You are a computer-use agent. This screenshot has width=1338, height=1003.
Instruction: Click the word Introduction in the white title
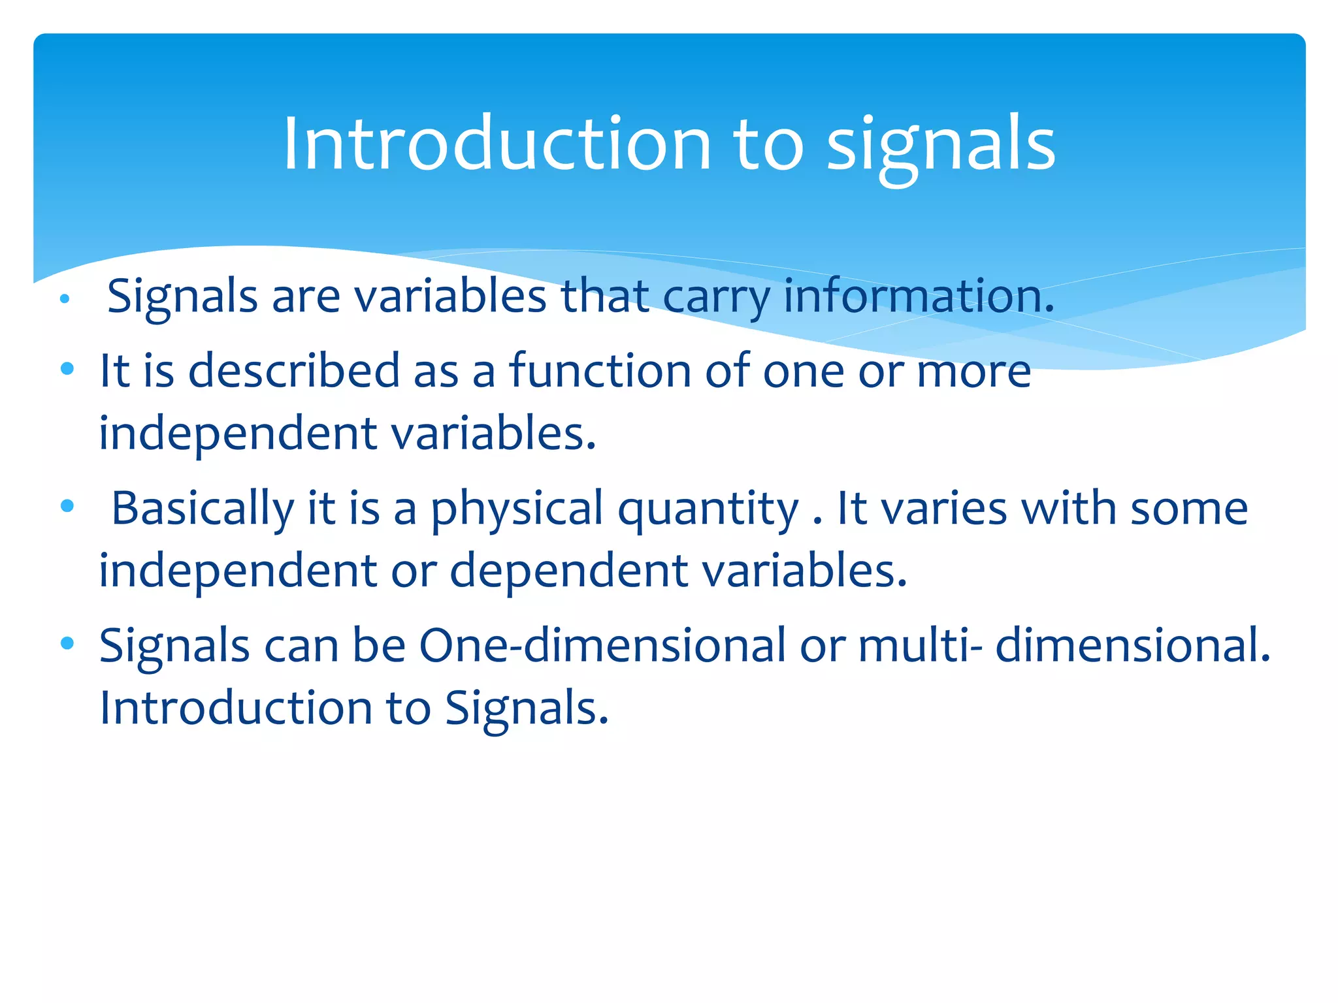pos(497,144)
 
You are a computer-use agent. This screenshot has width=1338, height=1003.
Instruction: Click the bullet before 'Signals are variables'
pos(64,300)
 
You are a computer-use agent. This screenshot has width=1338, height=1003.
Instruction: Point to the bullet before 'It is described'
pos(67,369)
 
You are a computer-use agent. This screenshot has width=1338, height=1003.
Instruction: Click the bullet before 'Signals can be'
pos(67,643)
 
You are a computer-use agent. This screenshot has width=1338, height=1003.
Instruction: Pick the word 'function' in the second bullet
pos(600,371)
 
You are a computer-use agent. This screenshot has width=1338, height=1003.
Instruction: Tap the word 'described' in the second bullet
pos(293,371)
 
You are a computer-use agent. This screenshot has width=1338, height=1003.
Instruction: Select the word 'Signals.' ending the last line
pos(527,708)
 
